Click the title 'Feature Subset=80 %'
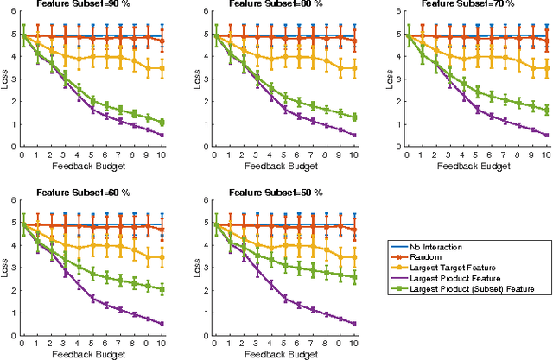click(281, 4)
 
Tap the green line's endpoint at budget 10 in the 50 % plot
click(353, 277)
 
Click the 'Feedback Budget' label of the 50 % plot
click(281, 352)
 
